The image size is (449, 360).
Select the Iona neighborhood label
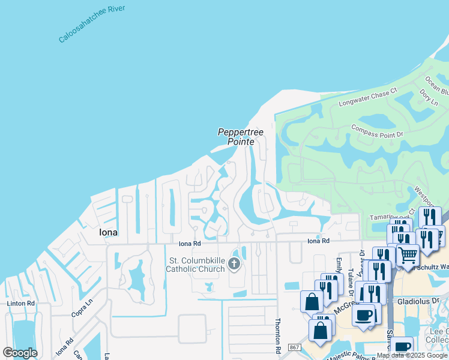109,232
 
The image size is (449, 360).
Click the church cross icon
234,263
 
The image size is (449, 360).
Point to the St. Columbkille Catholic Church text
196,265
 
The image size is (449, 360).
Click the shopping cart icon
408,255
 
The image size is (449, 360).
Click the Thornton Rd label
279,335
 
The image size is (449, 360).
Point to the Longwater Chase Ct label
368,98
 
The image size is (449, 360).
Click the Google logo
20,353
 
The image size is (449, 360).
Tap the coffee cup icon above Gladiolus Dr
363,315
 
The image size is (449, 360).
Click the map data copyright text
412,355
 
